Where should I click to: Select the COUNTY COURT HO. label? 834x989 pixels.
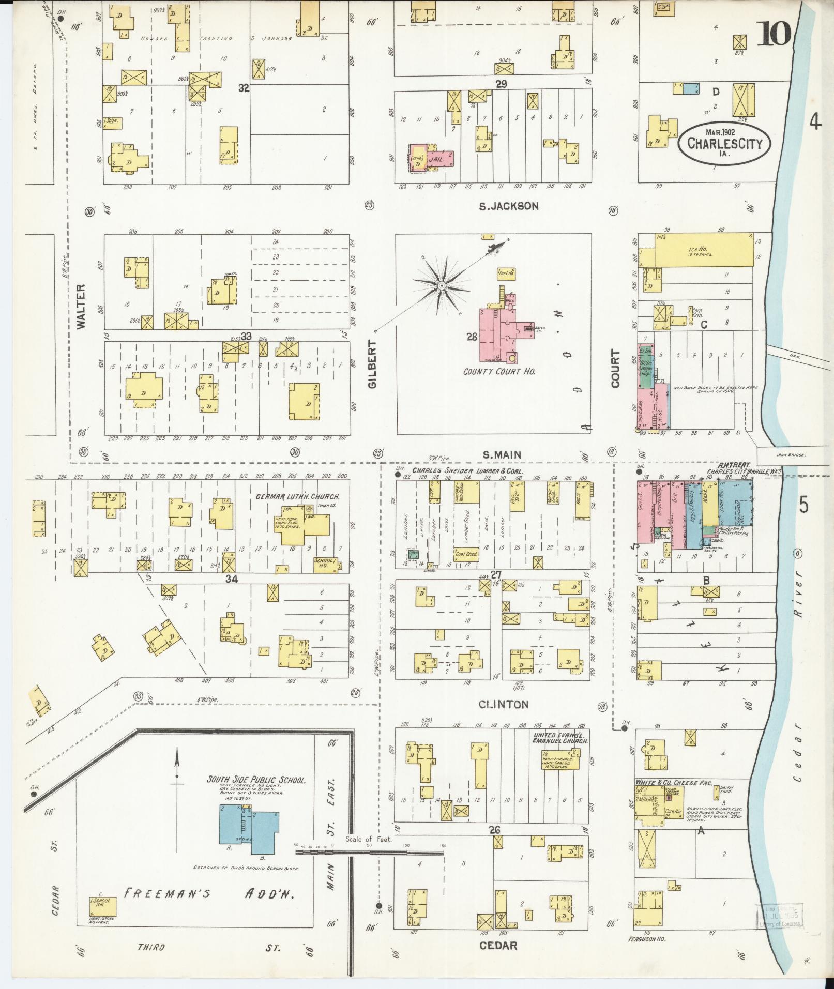pyautogui.click(x=498, y=371)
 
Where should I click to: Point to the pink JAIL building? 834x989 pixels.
pyautogui.click(x=443, y=157)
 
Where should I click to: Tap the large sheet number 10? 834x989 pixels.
pyautogui.click(x=775, y=34)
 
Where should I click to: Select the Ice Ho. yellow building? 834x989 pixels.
pyautogui.click(x=703, y=250)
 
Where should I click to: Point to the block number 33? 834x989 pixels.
pyautogui.click(x=246, y=336)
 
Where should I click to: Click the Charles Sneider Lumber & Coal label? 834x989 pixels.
pyautogui.click(x=467, y=471)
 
